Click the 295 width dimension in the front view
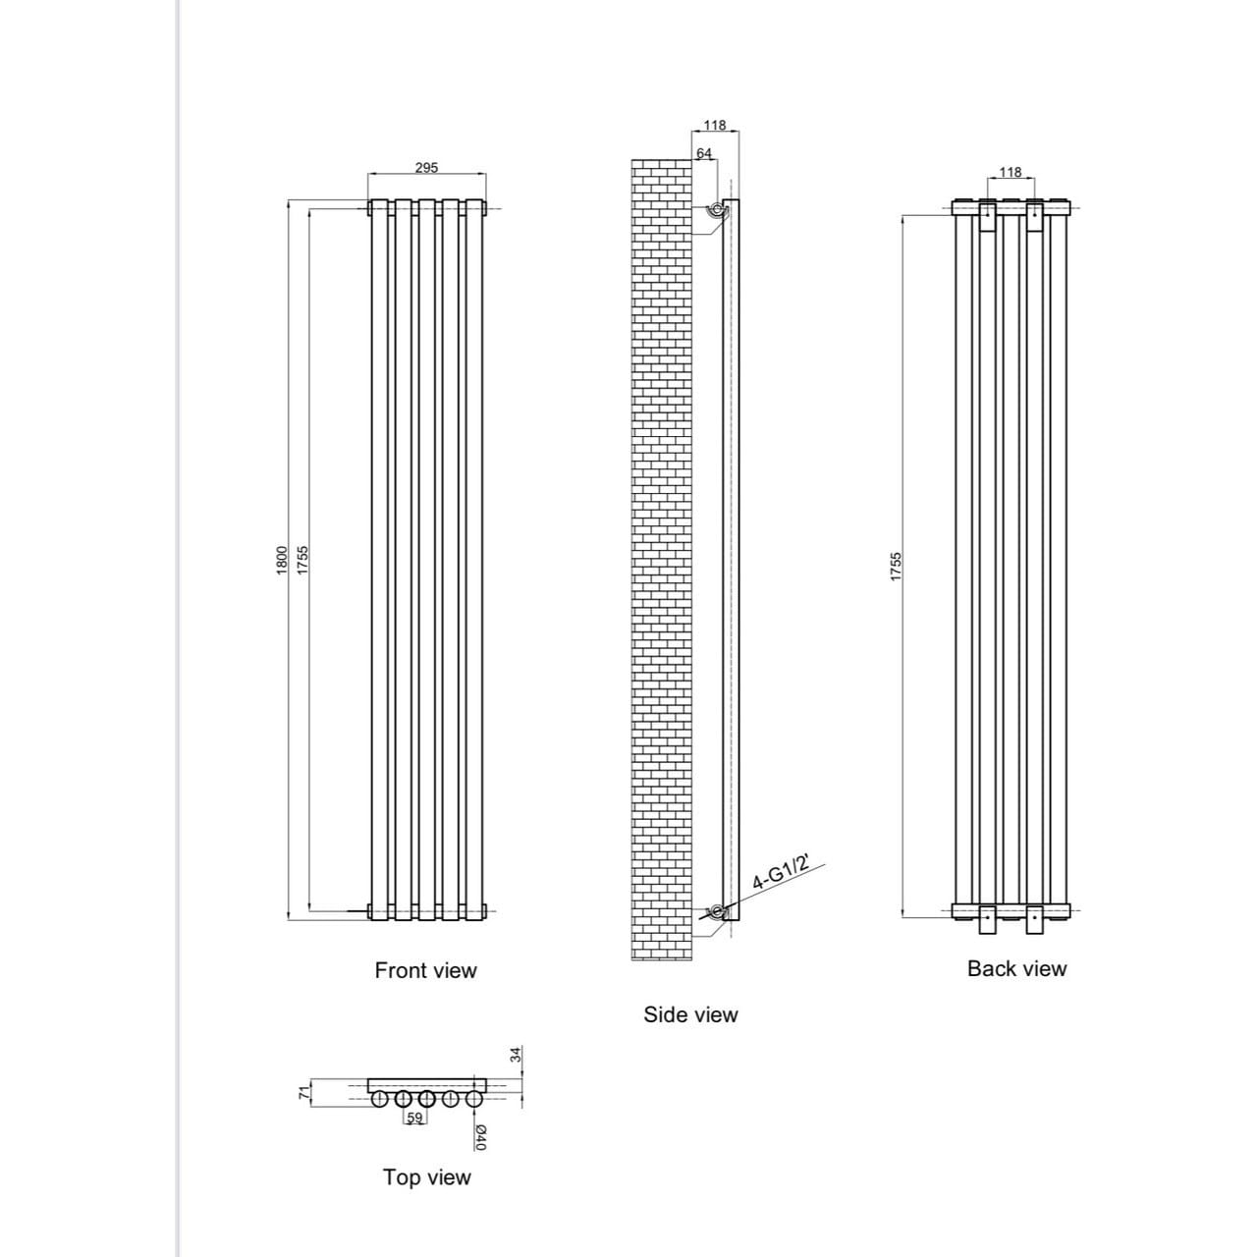click(x=426, y=168)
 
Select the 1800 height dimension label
click(x=282, y=561)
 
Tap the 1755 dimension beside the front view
click(x=302, y=561)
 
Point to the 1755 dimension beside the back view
click(x=896, y=567)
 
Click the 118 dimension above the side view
click(x=715, y=125)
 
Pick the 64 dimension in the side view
click(x=704, y=153)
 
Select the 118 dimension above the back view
click(x=1010, y=172)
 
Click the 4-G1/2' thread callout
click(x=780, y=872)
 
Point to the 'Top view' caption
click(x=426, y=1176)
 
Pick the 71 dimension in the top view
click(x=304, y=1093)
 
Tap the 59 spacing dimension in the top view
click(x=414, y=1118)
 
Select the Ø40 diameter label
click(x=481, y=1138)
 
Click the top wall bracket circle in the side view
click(x=717, y=209)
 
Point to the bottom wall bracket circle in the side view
click(x=717, y=911)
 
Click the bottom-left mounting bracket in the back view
click(x=988, y=920)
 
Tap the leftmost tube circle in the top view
click(x=378, y=1099)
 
